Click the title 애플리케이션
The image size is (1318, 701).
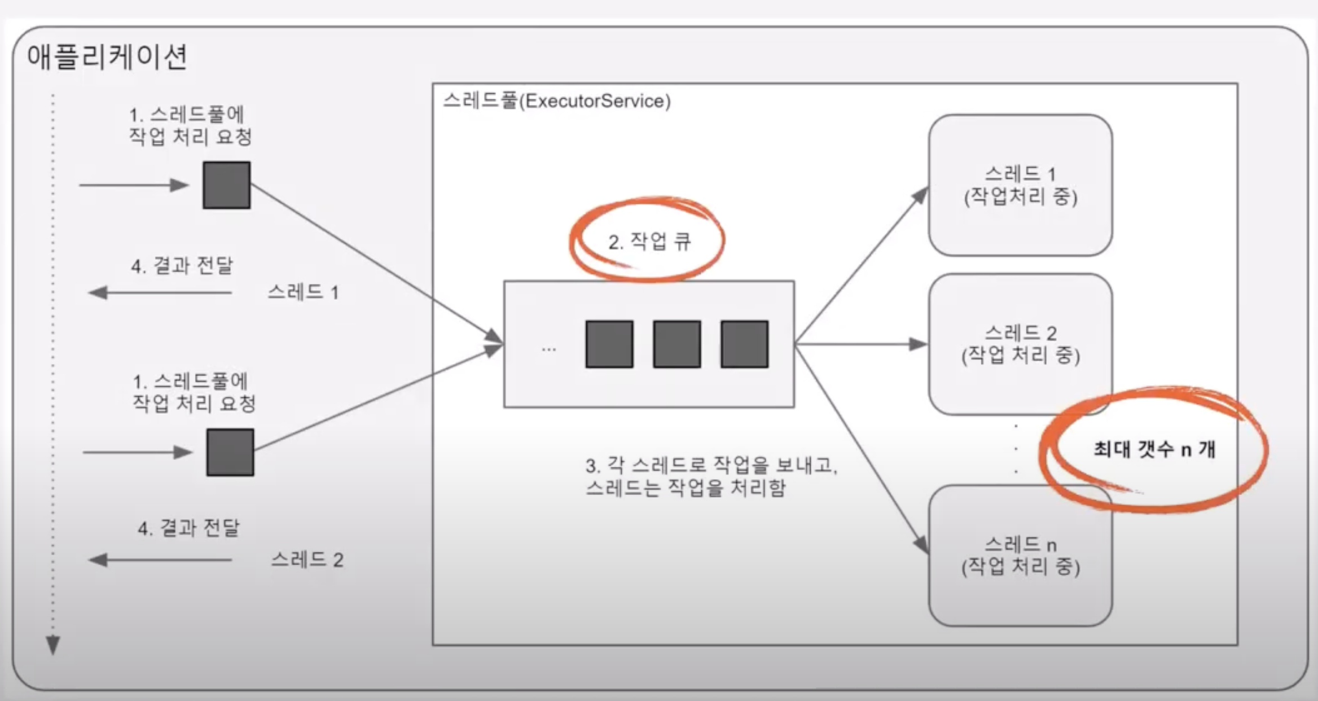[x=107, y=57]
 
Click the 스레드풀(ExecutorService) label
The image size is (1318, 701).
[x=557, y=101]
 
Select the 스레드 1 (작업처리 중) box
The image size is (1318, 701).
[x=1020, y=185]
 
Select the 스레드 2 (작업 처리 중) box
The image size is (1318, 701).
[x=1020, y=344]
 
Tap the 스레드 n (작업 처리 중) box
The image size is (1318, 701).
[x=1020, y=556]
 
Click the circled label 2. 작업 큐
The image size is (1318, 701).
[x=649, y=242]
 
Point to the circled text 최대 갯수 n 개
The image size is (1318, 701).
[x=1154, y=449]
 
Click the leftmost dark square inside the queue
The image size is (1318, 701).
[x=609, y=344]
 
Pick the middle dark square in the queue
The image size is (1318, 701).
[x=677, y=344]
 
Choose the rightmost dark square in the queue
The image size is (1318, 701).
[x=744, y=344]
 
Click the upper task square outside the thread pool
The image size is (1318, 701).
[x=227, y=185]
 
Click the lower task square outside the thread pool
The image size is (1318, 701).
[x=230, y=452]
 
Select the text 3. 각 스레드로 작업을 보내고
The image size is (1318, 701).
[x=711, y=466]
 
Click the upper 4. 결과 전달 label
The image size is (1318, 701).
[x=182, y=266]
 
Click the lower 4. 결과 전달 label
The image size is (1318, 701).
[x=188, y=528]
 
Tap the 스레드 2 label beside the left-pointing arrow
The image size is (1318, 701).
[x=307, y=560]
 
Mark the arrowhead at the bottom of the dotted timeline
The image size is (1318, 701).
[x=53, y=645]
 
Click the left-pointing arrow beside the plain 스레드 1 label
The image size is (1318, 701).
[x=160, y=292]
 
